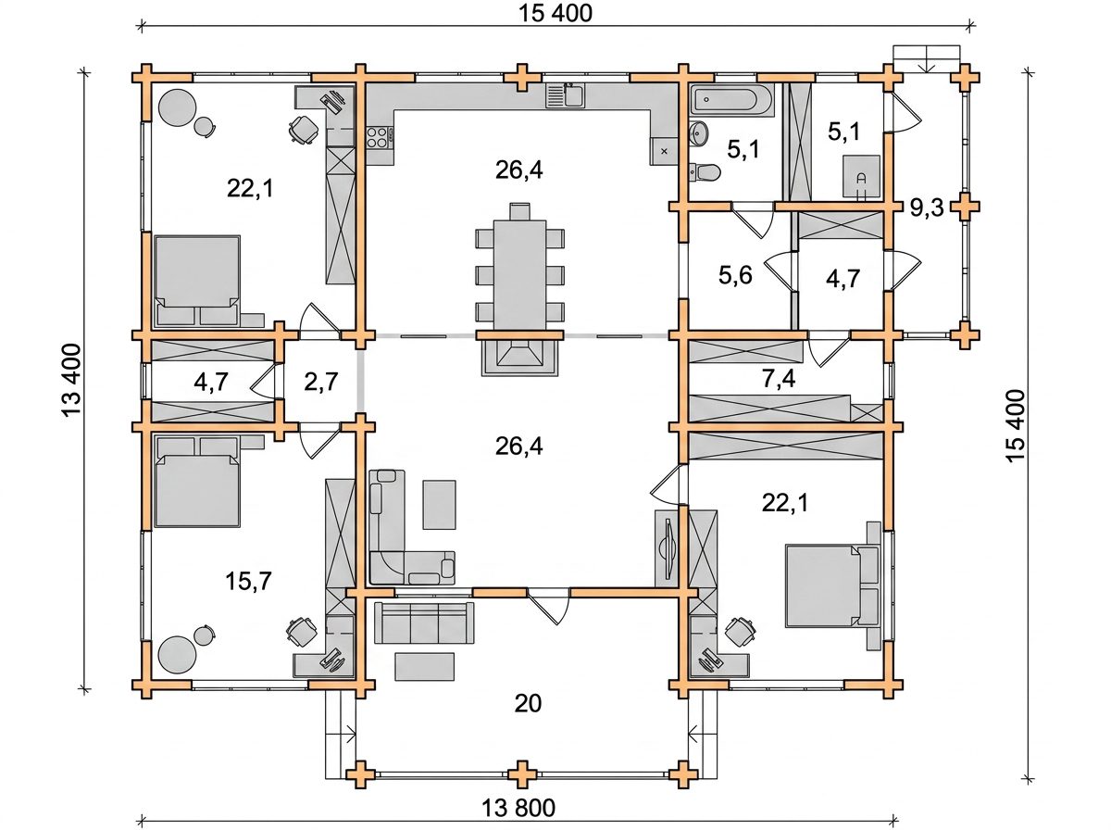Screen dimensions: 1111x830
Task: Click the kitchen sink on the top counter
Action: [565, 95]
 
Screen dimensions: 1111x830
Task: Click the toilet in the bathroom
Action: [705, 171]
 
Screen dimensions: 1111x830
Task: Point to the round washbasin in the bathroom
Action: [700, 133]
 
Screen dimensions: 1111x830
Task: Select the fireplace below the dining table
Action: [519, 358]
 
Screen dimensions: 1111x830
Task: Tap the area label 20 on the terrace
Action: [528, 703]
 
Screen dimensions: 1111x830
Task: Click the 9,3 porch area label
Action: [927, 207]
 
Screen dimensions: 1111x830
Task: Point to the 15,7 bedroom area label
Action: [248, 581]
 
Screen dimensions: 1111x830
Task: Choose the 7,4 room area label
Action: [779, 379]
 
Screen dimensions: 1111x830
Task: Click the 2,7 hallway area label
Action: [321, 382]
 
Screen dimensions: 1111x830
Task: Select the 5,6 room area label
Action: [735, 275]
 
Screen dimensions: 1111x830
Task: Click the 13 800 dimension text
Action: [518, 808]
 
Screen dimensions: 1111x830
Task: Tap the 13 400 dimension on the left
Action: [71, 381]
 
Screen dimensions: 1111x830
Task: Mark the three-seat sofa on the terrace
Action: [424, 622]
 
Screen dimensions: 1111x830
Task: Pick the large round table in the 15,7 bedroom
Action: [177, 654]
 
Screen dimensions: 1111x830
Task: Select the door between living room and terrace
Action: [549, 606]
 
